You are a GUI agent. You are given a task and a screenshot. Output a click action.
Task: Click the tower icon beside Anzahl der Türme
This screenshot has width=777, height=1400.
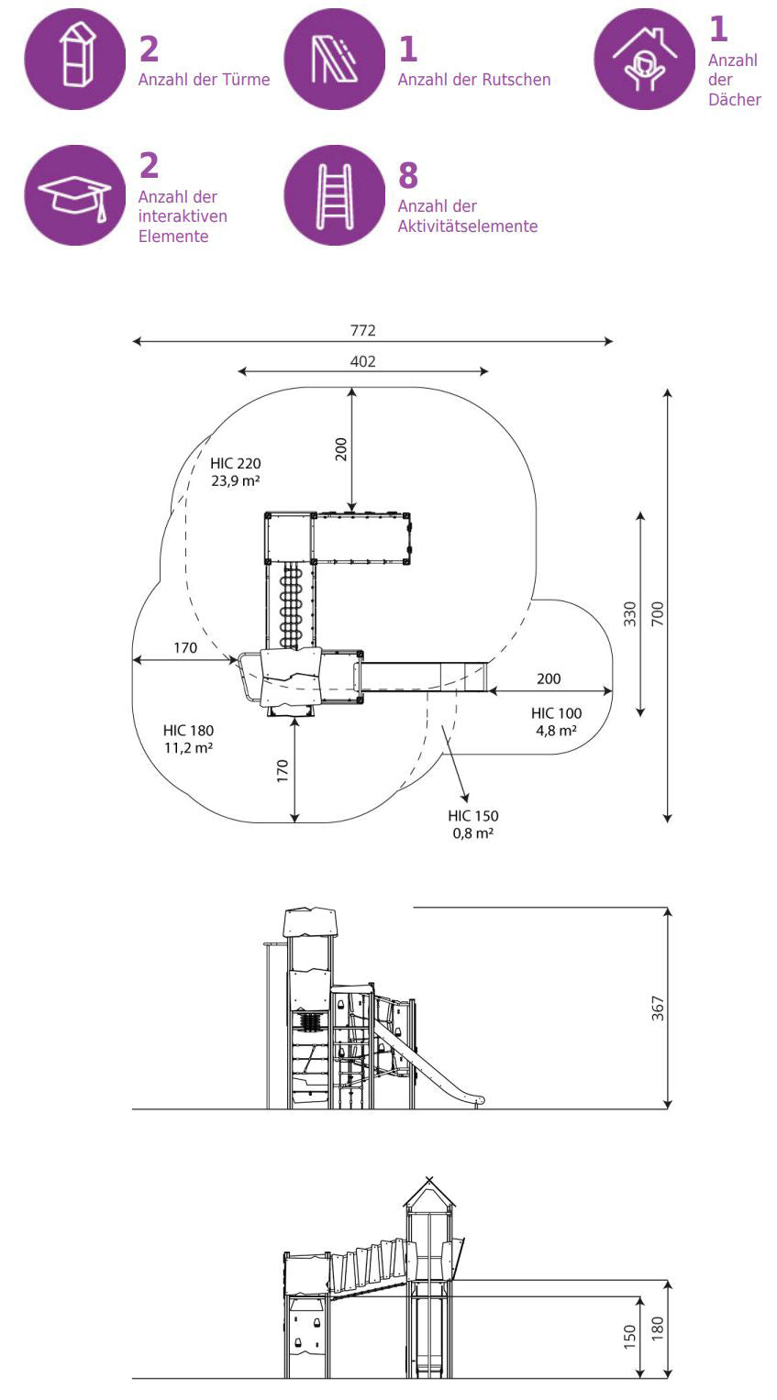74,59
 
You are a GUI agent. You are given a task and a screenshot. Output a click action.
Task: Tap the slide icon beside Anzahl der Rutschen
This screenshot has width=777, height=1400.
334,59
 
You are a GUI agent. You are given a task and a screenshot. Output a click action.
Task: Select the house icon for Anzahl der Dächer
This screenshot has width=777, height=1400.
644,60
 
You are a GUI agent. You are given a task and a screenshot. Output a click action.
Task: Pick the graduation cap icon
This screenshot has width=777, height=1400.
74,195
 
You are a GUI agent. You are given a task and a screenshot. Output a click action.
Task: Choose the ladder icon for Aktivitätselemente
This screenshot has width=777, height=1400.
334,195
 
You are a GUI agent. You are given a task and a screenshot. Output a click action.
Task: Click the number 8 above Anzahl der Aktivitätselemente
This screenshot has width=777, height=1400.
408,174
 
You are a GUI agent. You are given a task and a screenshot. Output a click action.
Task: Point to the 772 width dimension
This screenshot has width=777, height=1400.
362,330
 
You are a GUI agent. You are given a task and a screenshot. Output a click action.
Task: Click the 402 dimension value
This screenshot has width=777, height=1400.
362,361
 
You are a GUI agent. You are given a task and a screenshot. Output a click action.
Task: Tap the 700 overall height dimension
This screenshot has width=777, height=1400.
657,613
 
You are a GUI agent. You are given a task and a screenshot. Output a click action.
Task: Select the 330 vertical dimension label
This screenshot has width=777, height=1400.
629,613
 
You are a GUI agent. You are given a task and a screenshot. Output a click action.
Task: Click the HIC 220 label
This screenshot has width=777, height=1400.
235,463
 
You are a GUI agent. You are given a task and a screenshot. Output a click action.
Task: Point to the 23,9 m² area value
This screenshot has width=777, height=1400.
235,480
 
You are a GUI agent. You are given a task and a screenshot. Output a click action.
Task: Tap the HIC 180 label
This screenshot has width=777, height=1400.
188,731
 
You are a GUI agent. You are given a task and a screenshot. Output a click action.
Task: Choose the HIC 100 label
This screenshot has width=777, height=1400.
556,713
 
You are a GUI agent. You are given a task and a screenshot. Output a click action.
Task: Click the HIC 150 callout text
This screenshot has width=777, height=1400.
473,816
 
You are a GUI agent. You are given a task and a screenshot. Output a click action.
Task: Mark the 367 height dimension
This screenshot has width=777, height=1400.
657,1008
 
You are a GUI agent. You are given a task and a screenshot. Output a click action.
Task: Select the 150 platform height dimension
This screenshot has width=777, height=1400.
629,1337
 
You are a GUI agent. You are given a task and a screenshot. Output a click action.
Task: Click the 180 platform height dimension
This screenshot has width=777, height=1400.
657,1328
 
